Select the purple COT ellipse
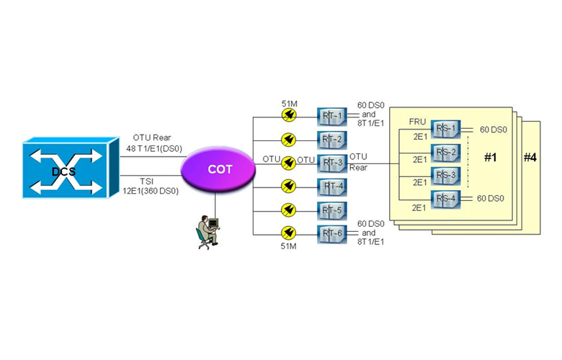pos(219,170)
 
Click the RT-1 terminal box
pos(332,116)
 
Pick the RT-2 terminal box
pos(332,139)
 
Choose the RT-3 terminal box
pos(332,163)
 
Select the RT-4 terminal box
pos(332,186)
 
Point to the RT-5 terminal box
pos(332,210)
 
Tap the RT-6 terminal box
pos(332,233)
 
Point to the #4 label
pos(530,158)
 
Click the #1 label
pos(491,158)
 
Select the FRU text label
pos(418,122)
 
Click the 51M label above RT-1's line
pos(290,103)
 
